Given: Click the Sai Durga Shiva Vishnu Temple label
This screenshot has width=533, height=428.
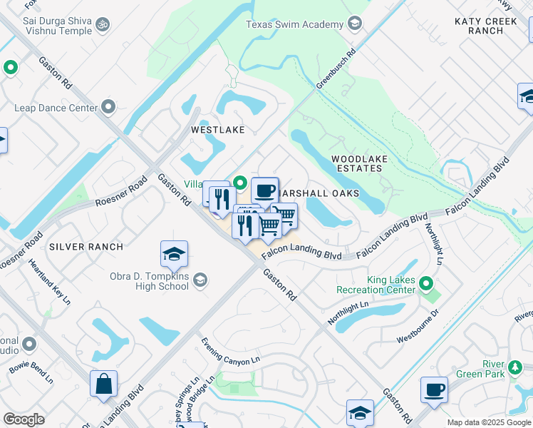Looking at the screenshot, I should (x=47, y=26).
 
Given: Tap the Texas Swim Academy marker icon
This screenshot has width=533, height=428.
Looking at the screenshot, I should (x=354, y=24).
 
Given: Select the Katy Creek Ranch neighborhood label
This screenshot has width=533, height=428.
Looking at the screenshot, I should (x=488, y=26).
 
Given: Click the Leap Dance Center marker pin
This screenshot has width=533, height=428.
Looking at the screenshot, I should (x=108, y=108).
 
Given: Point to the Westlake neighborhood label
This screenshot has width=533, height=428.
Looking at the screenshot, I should (x=217, y=130).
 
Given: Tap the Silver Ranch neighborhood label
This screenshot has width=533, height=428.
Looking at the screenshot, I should (x=86, y=247).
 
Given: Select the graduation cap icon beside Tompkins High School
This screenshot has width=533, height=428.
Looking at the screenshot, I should (x=174, y=254).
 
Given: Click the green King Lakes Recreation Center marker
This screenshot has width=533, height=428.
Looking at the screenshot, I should (x=426, y=285).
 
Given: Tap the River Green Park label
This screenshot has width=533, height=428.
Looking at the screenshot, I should (x=503, y=369).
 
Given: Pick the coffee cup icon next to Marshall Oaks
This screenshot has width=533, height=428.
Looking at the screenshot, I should (x=264, y=190).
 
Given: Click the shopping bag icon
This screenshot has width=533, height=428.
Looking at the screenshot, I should (x=103, y=383).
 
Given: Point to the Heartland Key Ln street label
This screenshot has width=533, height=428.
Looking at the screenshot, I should (x=49, y=282).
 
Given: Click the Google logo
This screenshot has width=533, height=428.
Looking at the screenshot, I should (x=24, y=419).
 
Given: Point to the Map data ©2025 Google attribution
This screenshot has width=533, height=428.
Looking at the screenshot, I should (x=488, y=422).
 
